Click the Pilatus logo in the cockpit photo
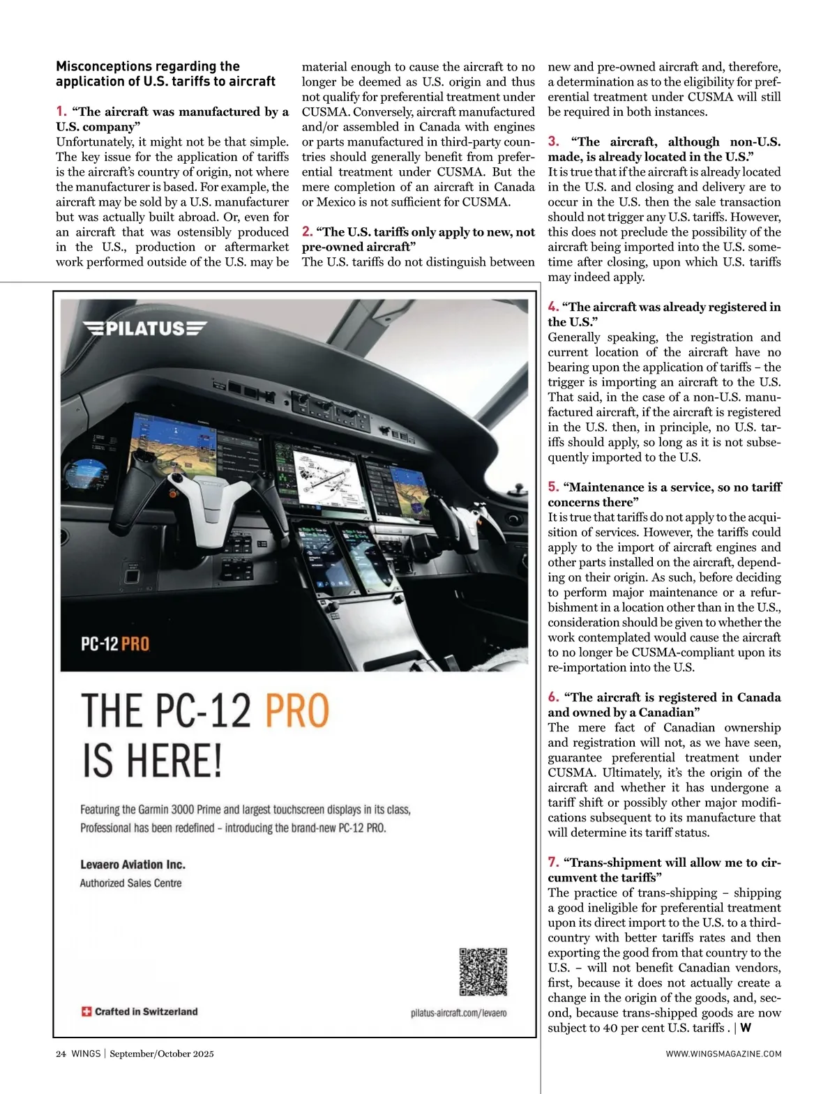145,328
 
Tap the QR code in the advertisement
483,971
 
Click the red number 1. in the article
61,111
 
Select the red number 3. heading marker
554,142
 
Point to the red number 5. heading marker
554,487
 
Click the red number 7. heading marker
554,862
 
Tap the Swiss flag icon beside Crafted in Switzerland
86,1011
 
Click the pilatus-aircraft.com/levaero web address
458,1012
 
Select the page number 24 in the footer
61,1054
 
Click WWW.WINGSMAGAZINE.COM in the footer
723,1054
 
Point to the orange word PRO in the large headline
296,711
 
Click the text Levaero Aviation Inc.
133,865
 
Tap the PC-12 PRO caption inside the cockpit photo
115,643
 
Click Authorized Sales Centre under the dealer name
130,883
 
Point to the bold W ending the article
746,1027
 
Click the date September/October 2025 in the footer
162,1054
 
